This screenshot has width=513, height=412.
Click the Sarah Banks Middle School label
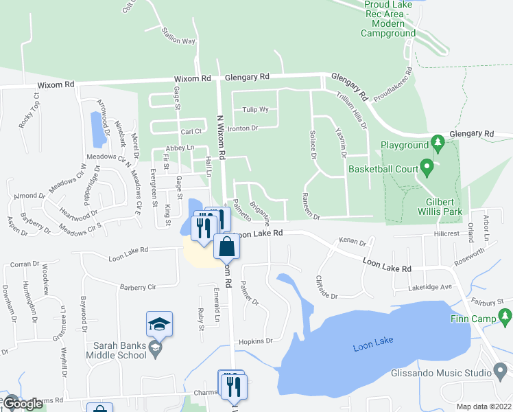[x=117, y=349]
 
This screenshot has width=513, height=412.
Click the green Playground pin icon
[x=437, y=144]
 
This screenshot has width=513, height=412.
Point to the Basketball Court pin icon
[x=426, y=167]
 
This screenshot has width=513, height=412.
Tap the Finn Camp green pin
[x=506, y=317]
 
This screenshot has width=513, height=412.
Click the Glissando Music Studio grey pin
[x=501, y=371]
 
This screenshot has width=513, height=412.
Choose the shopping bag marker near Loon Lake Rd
[x=226, y=246]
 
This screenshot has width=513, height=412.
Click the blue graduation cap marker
[x=159, y=323]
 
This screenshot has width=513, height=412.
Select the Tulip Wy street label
[x=254, y=109]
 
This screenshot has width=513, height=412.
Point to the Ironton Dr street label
[x=243, y=128]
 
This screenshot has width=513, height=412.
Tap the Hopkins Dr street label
[x=255, y=341]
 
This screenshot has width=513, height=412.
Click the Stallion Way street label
[x=178, y=37]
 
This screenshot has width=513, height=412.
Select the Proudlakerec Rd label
[x=398, y=82]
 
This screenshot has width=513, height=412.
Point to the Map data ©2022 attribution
[x=484, y=407]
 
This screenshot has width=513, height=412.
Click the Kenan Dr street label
[x=353, y=242]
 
